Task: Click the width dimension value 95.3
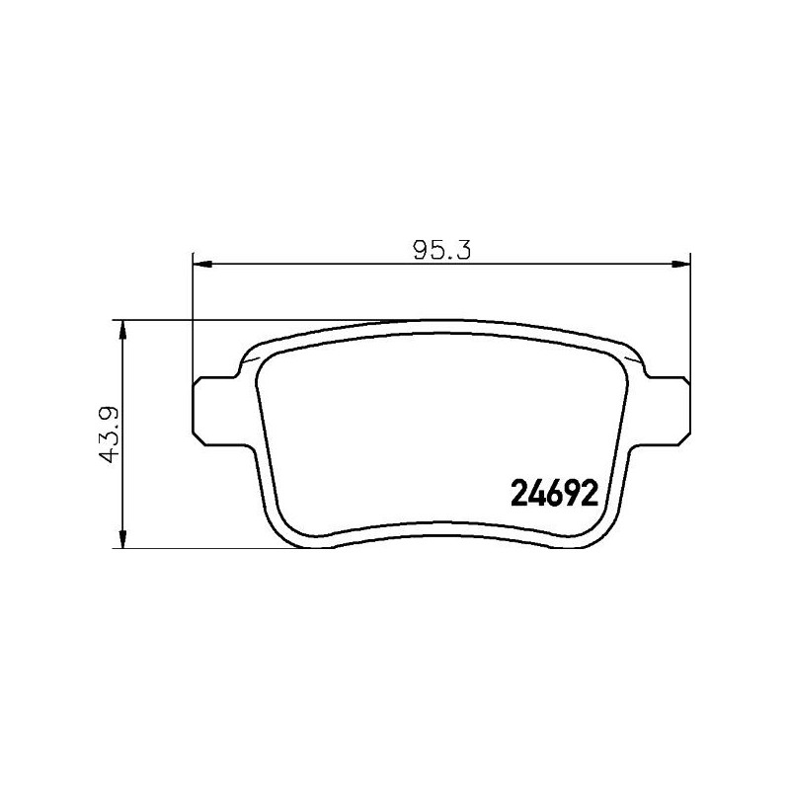tap(440, 250)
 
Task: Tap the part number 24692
tap(555, 491)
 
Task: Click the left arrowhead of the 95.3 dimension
tap(198, 263)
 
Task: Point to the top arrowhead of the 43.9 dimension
tap(121, 329)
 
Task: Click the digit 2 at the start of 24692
tap(519, 491)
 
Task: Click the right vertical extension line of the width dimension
tap(689, 316)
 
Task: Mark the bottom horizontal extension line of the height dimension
tap(197, 548)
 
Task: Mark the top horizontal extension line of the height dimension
tap(247, 320)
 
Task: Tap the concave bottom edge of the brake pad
tap(439, 527)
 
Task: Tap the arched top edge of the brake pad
tap(439, 320)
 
